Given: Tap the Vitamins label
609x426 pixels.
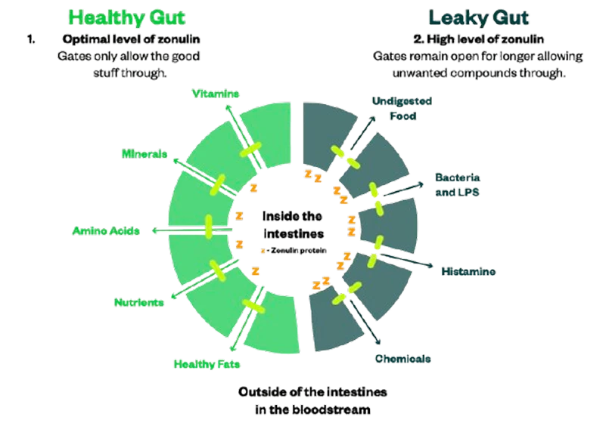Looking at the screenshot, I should click(216, 94).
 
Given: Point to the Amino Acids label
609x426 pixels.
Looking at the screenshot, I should click(106, 230).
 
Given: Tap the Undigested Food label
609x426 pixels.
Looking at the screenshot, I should click(402, 109).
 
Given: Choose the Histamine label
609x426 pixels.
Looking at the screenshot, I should click(470, 270).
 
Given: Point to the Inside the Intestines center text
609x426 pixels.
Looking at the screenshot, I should click(293, 225).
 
